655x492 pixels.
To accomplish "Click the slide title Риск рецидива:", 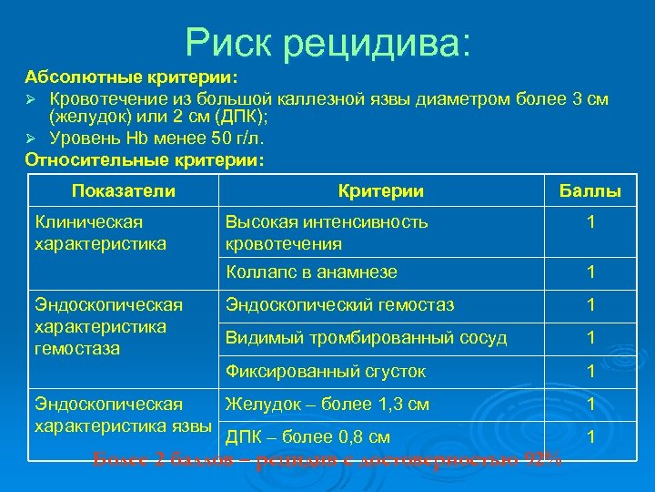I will (327, 41).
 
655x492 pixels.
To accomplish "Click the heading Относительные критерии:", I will (145, 159).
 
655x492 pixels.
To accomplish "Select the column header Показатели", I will (123, 190).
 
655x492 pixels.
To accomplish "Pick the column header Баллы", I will (590, 191).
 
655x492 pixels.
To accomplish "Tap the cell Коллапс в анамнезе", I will (311, 272).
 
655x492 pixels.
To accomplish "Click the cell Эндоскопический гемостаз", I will (339, 305).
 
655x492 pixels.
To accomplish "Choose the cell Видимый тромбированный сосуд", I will (366, 337).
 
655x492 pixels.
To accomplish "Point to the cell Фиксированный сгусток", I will (326, 371).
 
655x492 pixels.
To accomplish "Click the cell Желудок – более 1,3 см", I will (327, 404).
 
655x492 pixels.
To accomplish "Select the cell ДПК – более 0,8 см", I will (307, 436).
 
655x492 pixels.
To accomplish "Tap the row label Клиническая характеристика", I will (100, 232).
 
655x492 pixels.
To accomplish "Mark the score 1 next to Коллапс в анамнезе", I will (590, 272).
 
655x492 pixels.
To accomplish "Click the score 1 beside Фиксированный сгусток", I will (590, 371).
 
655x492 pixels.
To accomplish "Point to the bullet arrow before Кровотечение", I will (31, 98).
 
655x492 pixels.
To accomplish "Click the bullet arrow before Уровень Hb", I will (31, 138).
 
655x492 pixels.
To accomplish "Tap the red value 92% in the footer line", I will (542, 458).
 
